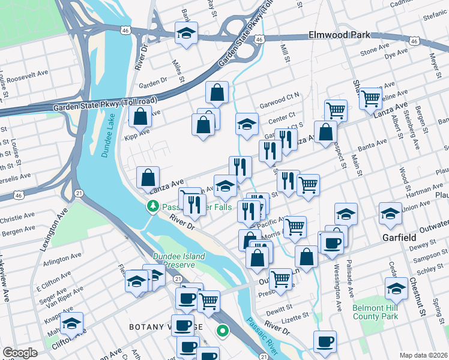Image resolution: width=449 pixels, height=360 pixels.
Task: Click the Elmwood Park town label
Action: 339,35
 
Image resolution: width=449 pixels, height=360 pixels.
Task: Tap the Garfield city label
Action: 399,238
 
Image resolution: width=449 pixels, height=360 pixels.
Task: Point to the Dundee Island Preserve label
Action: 178,260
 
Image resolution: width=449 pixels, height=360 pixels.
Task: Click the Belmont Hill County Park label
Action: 376,311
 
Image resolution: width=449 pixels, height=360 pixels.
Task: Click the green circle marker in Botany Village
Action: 223,330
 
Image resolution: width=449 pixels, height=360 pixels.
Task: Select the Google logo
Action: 20,353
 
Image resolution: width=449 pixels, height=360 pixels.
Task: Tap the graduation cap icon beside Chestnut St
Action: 396,289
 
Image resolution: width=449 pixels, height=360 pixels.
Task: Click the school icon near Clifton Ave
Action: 72,323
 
